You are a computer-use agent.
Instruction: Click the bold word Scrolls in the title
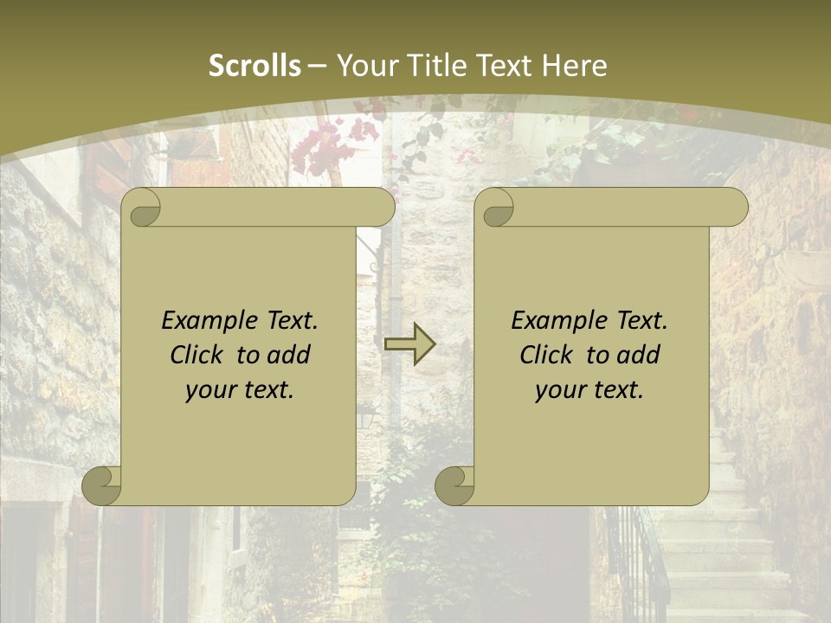click(x=254, y=66)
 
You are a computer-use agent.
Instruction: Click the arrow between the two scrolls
click(x=409, y=344)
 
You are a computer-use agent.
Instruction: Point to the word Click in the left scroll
click(x=200, y=355)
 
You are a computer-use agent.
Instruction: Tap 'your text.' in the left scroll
click(x=240, y=390)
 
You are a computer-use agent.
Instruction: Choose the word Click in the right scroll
click(x=550, y=355)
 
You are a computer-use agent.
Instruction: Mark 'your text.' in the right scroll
click(x=589, y=390)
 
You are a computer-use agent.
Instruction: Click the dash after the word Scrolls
click(x=317, y=66)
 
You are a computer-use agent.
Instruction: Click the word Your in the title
click(x=364, y=66)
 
